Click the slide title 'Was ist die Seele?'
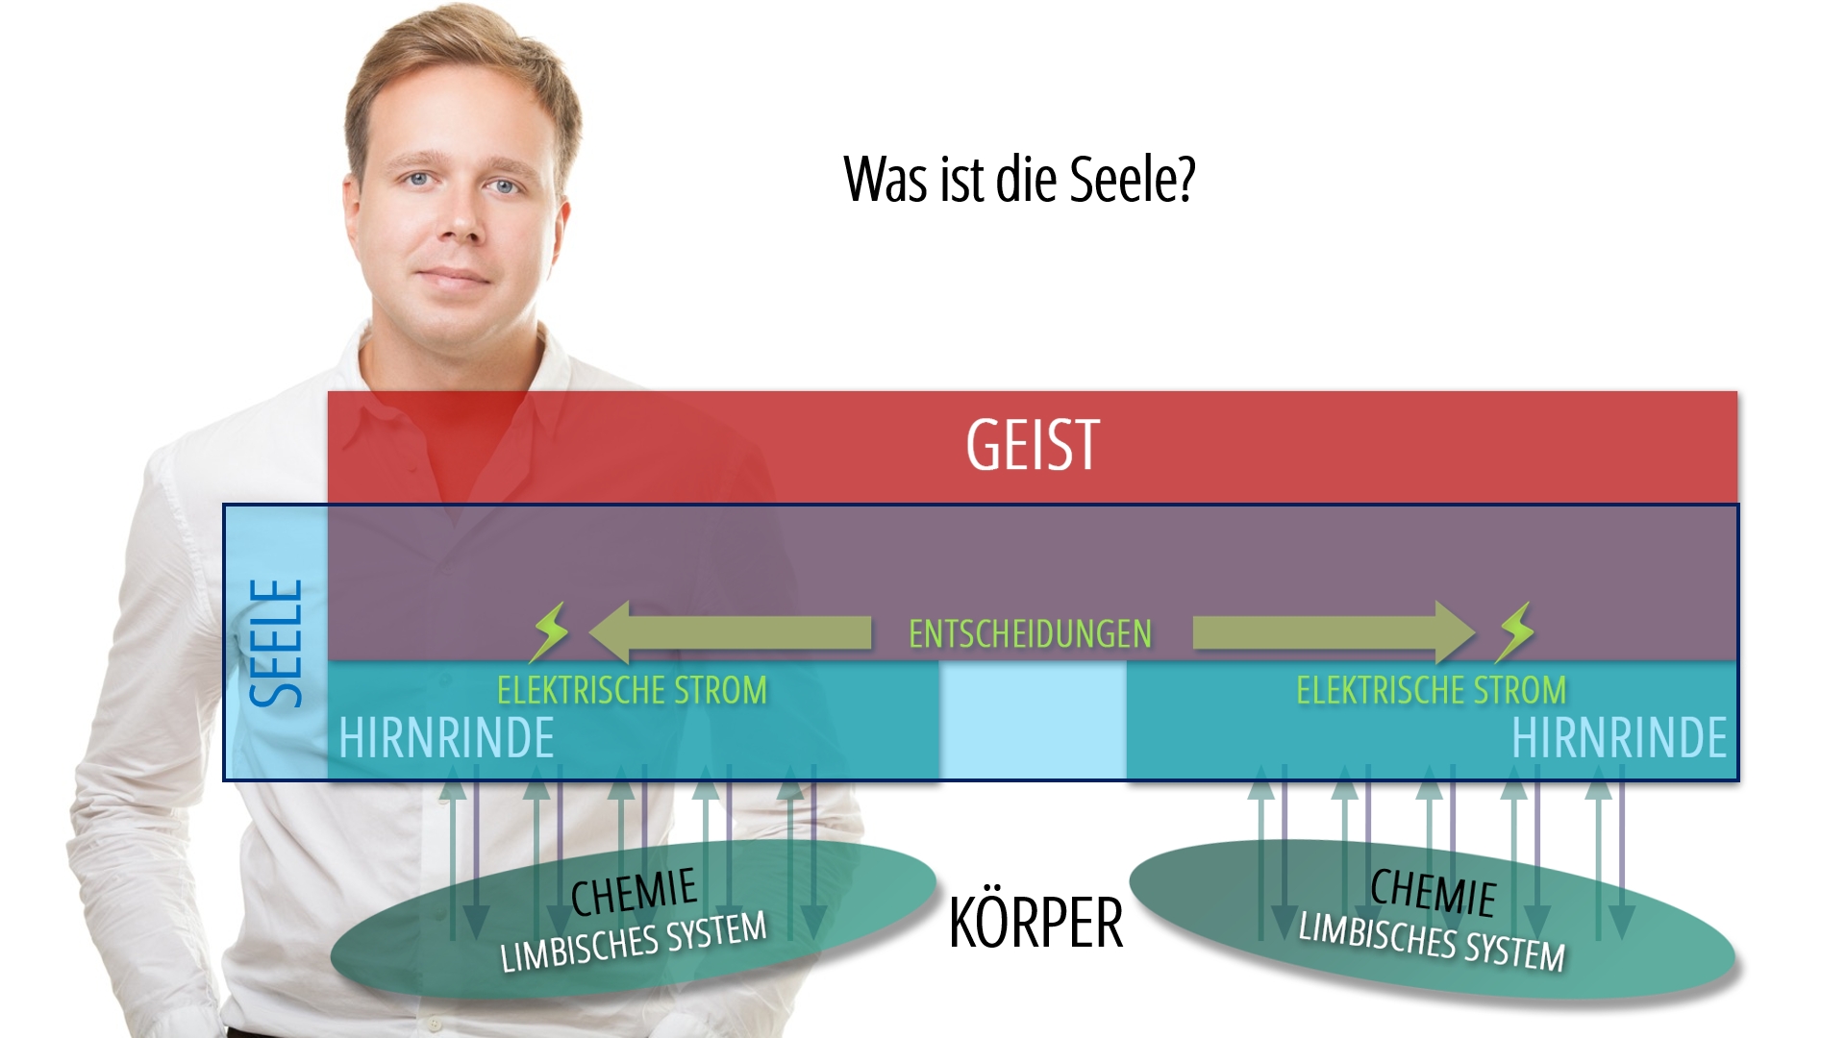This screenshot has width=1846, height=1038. pyautogui.click(x=1019, y=180)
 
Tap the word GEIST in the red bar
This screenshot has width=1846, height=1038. pyautogui.click(x=1033, y=446)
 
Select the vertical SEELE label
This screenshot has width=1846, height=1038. pyautogui.click(x=276, y=643)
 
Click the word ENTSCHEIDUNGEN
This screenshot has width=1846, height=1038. pyautogui.click(x=1030, y=634)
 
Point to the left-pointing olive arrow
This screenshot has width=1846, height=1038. pyautogui.click(x=730, y=632)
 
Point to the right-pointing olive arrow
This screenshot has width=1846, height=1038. pyautogui.click(x=1335, y=632)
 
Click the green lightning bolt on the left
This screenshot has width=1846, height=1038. pyautogui.click(x=550, y=631)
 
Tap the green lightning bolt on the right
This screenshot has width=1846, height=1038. pyautogui.click(x=1516, y=631)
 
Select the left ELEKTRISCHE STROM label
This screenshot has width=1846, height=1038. pyautogui.click(x=632, y=690)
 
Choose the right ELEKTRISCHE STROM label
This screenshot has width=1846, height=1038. pyautogui.click(x=1431, y=690)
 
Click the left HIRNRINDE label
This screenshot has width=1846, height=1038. pyautogui.click(x=446, y=738)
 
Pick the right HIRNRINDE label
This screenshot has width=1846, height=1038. pyautogui.click(x=1619, y=738)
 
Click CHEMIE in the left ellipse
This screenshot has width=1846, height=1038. pyautogui.click(x=634, y=892)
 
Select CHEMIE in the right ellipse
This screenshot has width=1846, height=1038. pyautogui.click(x=1433, y=892)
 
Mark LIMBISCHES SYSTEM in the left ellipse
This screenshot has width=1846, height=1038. pyautogui.click(x=634, y=941)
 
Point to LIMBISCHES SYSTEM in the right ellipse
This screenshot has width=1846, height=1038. pyautogui.click(x=1432, y=941)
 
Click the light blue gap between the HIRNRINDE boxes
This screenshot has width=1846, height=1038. pyautogui.click(x=1033, y=720)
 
